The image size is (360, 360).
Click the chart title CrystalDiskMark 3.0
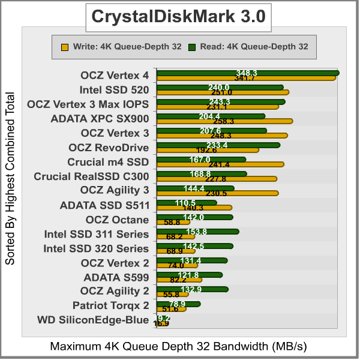coord(178,16)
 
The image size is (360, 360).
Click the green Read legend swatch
coord(191,46)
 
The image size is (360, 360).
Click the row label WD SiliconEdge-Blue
coord(93,320)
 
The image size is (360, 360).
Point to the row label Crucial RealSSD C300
coord(91,176)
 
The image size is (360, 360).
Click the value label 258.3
coord(224,121)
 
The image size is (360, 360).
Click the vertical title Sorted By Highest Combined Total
coord(10,178)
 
